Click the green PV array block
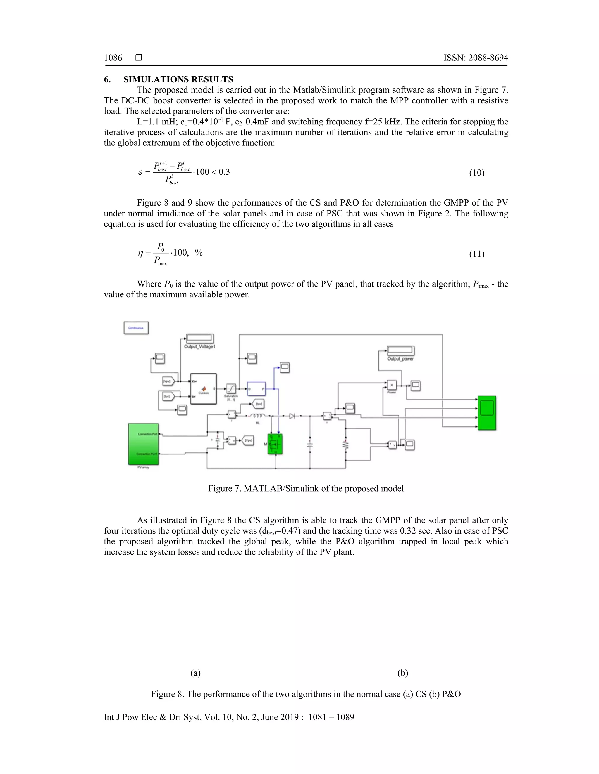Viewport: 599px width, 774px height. click(143, 444)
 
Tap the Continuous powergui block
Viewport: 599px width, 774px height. click(136, 328)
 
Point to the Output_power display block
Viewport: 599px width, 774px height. click(401, 351)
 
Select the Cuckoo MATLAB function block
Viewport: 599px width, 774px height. click(203, 389)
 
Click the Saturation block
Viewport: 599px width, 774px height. click(231, 388)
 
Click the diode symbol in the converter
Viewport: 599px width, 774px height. click(292, 416)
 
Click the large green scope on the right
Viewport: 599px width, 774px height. click(487, 413)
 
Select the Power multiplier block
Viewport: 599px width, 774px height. click(391, 385)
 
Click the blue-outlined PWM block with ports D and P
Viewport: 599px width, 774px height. click(256, 389)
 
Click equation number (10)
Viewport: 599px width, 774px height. click(476, 173)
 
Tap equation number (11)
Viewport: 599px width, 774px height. click(476, 254)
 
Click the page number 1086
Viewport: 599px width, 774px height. click(113, 58)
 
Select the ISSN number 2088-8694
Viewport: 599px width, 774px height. click(476, 58)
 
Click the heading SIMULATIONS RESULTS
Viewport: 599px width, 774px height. click(178, 79)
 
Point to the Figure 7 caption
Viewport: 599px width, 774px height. click(306, 488)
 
